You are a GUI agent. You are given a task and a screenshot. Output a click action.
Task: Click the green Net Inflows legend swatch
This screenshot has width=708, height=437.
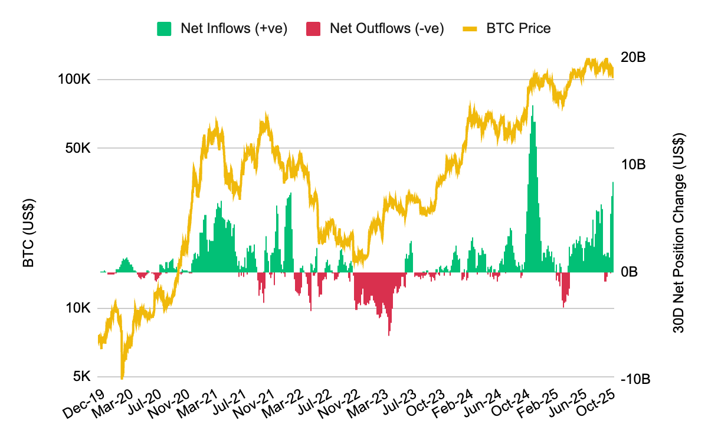tap(164, 28)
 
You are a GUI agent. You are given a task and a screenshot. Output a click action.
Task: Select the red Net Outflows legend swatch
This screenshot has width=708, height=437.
tap(313, 28)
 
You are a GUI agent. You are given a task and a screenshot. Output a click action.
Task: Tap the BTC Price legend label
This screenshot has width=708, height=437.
tap(519, 28)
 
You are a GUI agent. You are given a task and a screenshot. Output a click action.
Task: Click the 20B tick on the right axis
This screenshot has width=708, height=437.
tap(633, 57)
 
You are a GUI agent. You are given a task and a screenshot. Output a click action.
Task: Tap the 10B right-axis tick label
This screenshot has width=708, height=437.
tap(633, 165)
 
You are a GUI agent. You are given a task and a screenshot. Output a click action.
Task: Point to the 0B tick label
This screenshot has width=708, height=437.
tap(630, 272)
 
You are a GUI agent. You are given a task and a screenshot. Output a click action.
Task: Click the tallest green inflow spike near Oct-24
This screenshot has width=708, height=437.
tap(533, 107)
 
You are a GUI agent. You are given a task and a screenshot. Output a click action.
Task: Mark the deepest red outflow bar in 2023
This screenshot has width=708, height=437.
tap(389, 334)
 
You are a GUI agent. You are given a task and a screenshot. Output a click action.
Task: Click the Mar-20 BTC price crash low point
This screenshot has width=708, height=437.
tap(122, 378)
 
